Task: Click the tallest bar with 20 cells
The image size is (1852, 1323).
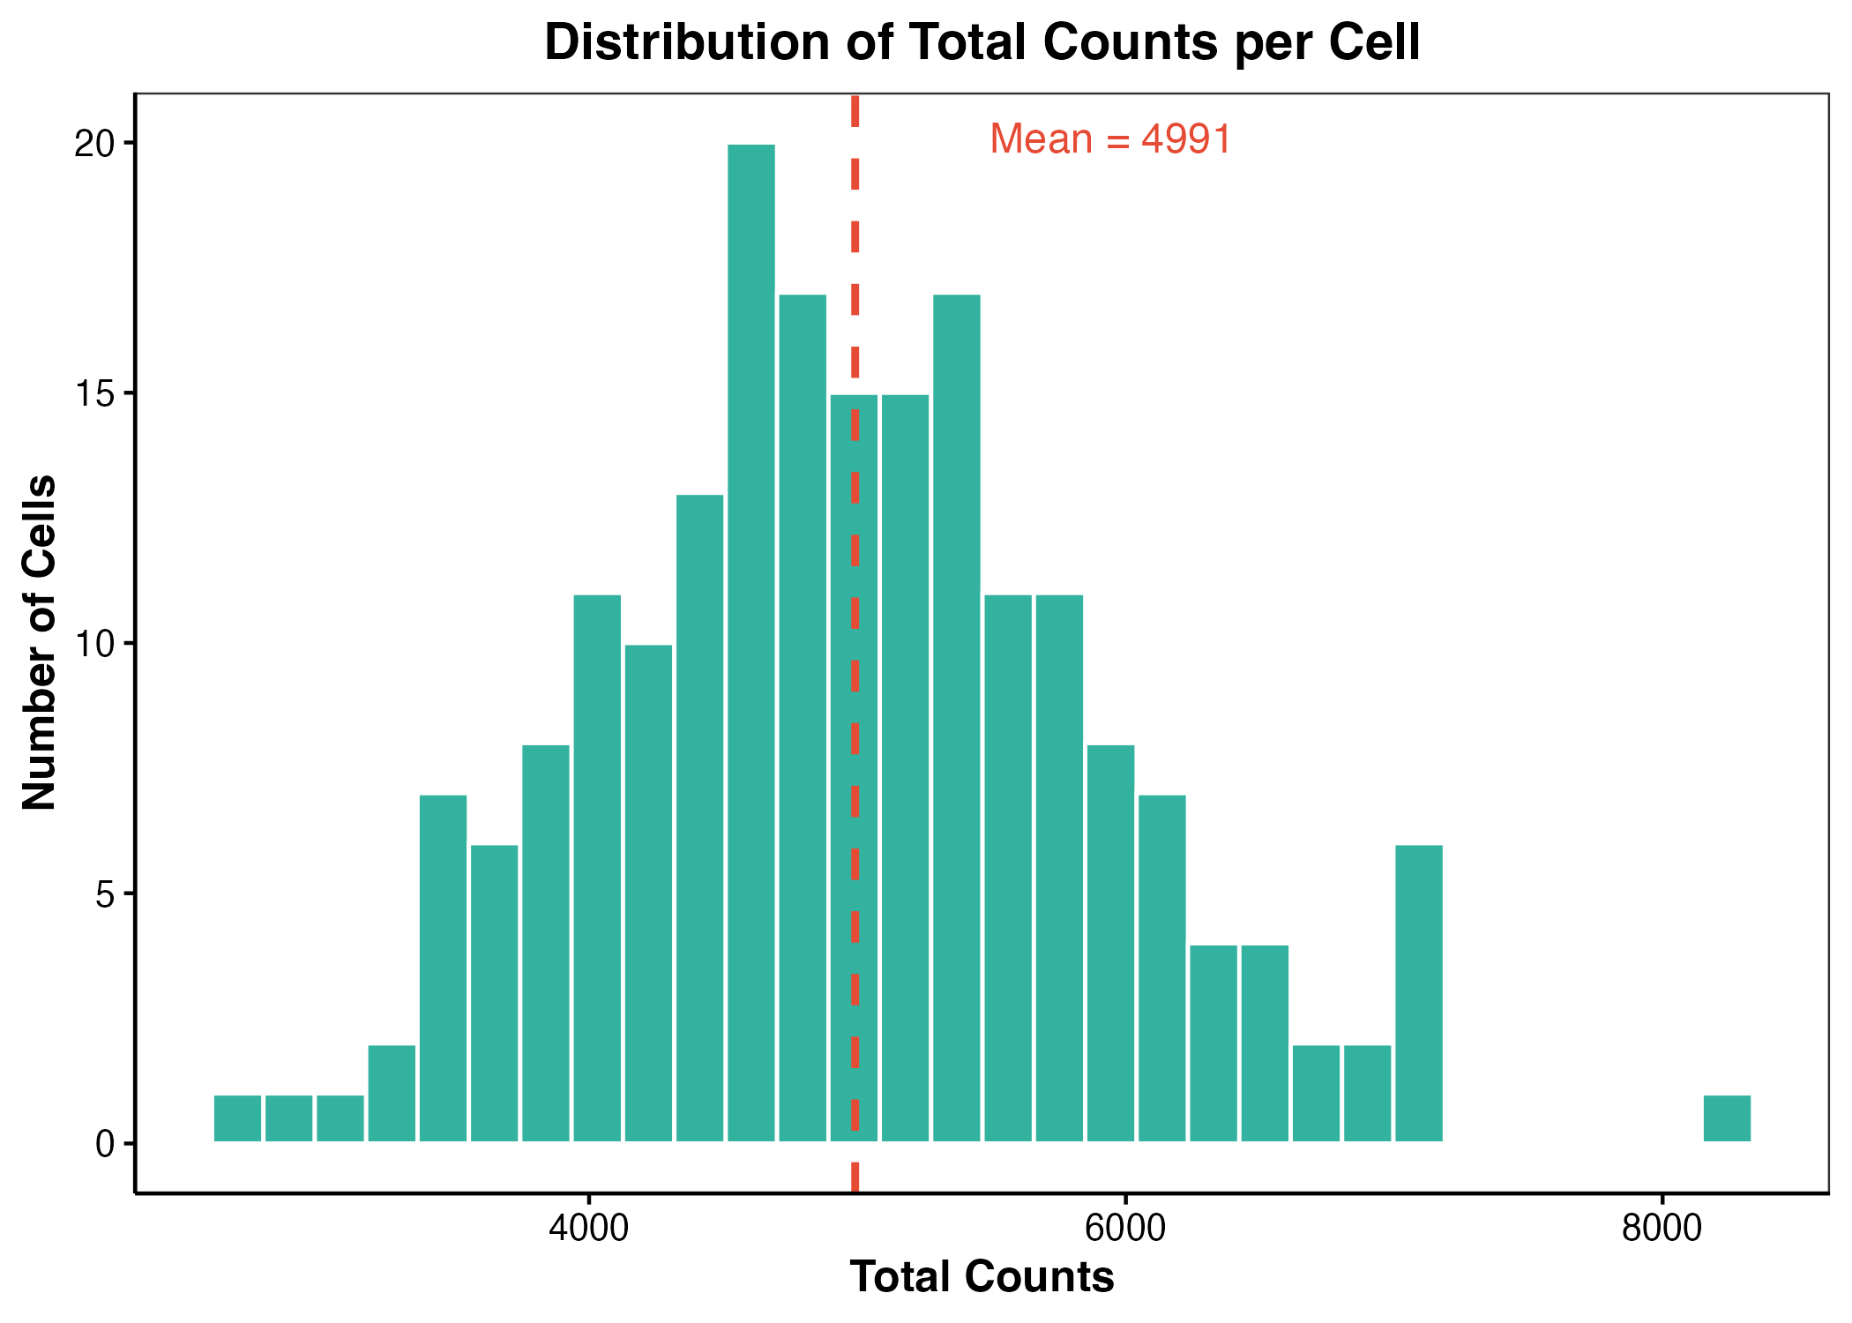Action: coord(751,643)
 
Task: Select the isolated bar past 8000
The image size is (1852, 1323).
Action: coord(1727,1118)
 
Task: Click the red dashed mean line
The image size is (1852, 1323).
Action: coord(855,643)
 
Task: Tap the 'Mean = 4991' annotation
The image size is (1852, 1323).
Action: coord(1110,138)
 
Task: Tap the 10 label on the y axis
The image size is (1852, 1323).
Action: coord(96,644)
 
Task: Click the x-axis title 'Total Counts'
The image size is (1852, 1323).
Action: coord(982,1277)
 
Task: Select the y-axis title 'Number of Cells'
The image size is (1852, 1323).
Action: coord(40,643)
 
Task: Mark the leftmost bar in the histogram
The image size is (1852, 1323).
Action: coord(238,1118)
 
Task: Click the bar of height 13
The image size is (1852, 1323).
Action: coord(700,818)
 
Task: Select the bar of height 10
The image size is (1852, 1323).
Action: coord(649,893)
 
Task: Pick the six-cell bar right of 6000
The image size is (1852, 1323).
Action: coord(1419,993)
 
